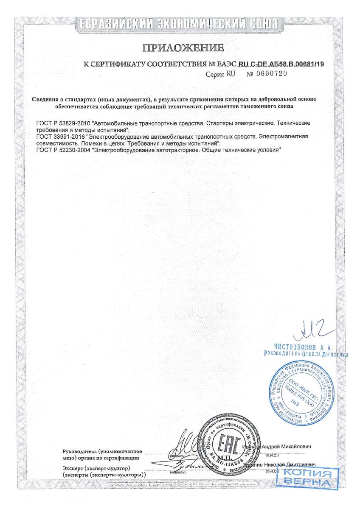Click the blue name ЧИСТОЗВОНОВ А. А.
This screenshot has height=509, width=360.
303,347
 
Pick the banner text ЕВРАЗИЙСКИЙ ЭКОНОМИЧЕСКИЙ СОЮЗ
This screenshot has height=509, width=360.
180,23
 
